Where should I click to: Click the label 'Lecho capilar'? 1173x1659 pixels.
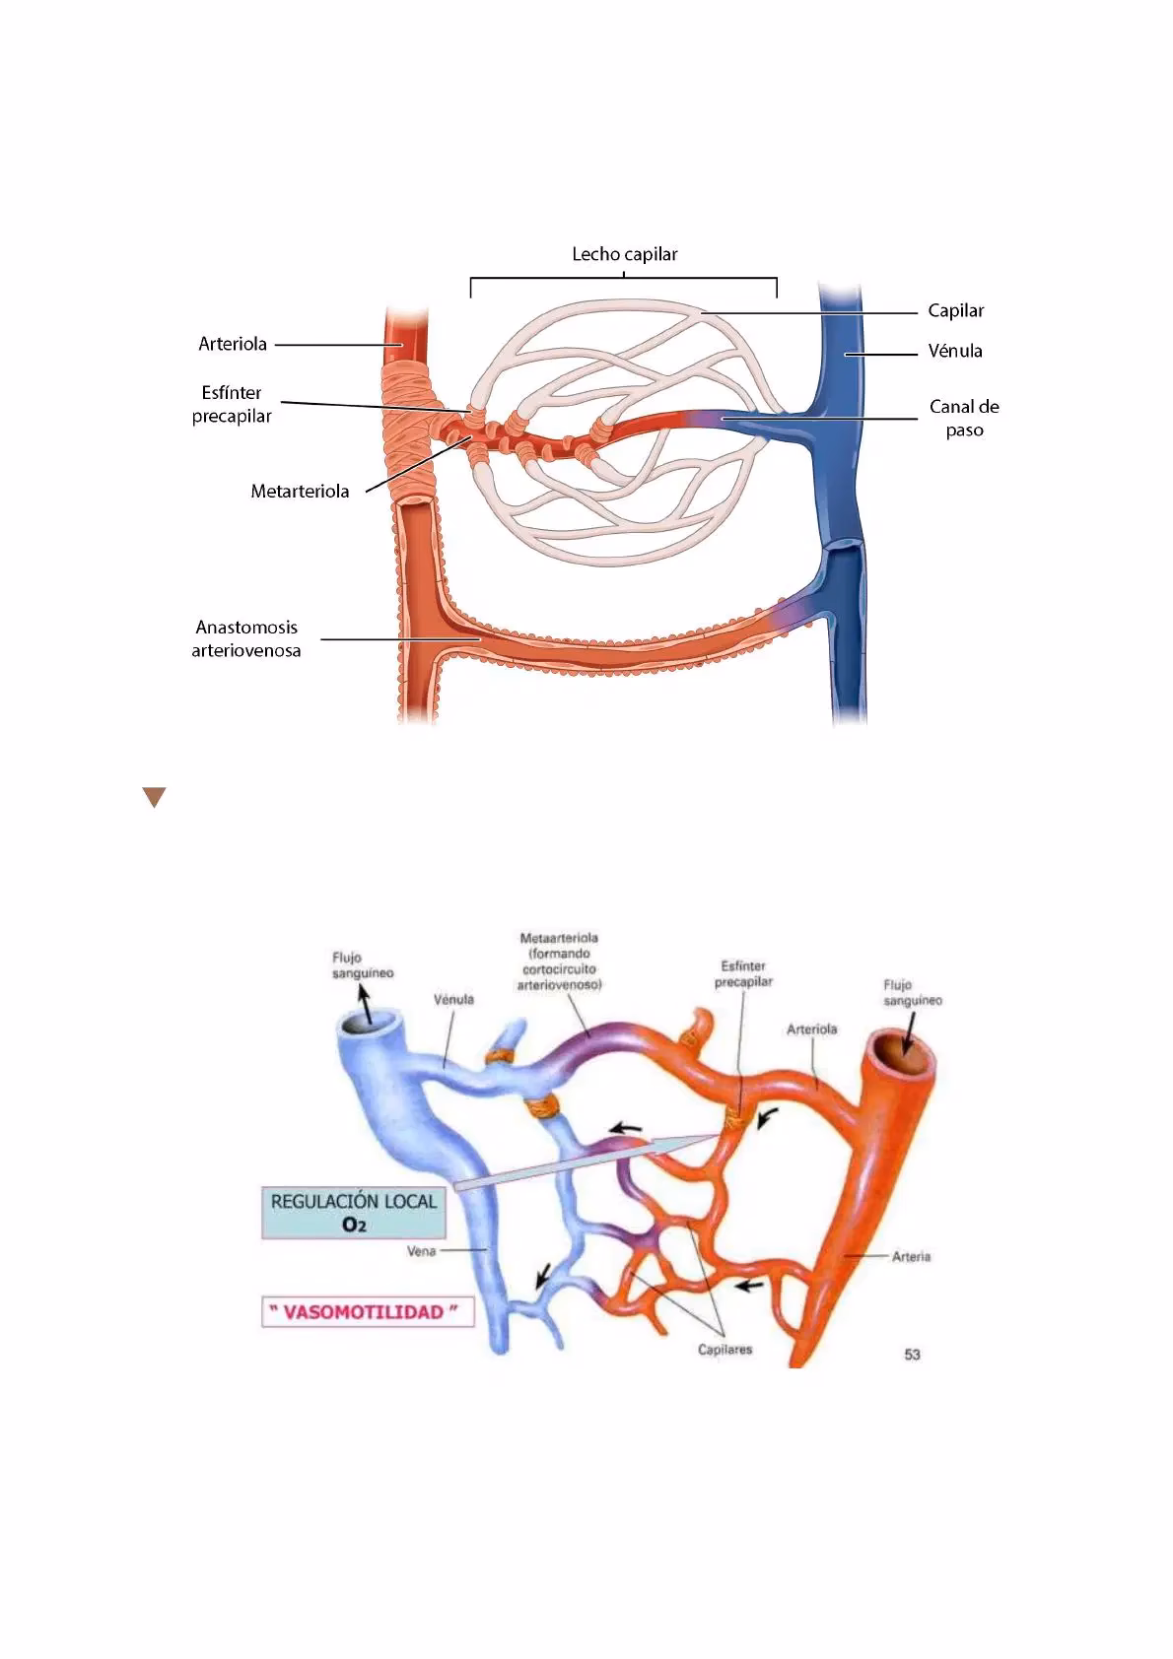point(624,254)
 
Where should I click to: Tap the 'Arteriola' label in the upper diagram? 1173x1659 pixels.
point(233,344)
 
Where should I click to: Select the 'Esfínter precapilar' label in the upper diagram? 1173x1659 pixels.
point(232,404)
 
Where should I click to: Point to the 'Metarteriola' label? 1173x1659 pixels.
point(300,492)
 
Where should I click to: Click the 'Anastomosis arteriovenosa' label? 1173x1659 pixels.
point(245,638)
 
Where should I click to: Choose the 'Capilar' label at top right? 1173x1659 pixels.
point(955,310)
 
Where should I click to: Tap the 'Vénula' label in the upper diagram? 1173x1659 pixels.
point(954,351)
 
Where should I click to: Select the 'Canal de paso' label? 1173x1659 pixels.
point(963,418)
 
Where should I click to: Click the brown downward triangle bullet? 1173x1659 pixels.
point(153,797)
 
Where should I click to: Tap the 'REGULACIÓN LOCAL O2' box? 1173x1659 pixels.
point(354,1213)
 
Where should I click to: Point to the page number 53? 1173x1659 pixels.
point(912,1355)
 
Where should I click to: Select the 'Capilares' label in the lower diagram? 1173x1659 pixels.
point(724,1349)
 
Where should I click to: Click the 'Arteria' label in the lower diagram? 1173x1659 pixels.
point(911,1257)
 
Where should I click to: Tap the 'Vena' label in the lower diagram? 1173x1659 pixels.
point(421,1252)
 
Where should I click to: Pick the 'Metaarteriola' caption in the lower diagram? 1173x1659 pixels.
point(559,962)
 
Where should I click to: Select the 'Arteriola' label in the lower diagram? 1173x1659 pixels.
point(811,1029)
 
